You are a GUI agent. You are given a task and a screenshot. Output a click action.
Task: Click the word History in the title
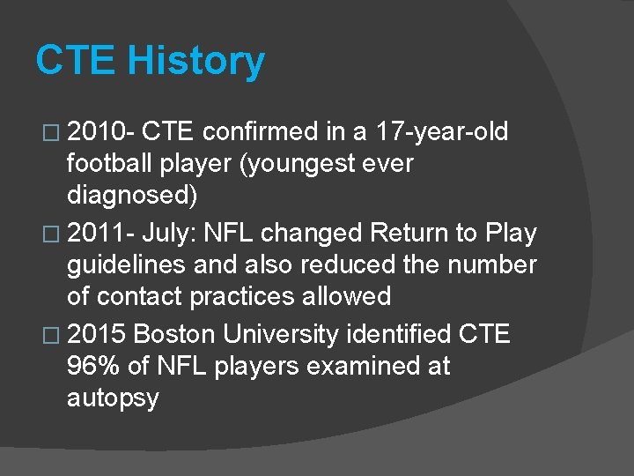pyautogui.click(x=195, y=62)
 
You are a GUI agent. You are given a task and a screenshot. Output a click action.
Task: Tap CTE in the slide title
pyautogui.click(x=76, y=62)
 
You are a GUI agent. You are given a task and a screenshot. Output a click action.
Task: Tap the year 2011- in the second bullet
pyautogui.click(x=99, y=234)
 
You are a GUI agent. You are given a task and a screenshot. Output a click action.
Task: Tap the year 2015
pyautogui.click(x=96, y=335)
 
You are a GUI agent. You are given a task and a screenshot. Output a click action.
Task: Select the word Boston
pyautogui.click(x=178, y=335)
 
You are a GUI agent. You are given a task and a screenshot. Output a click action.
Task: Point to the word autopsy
pyautogui.click(x=113, y=398)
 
